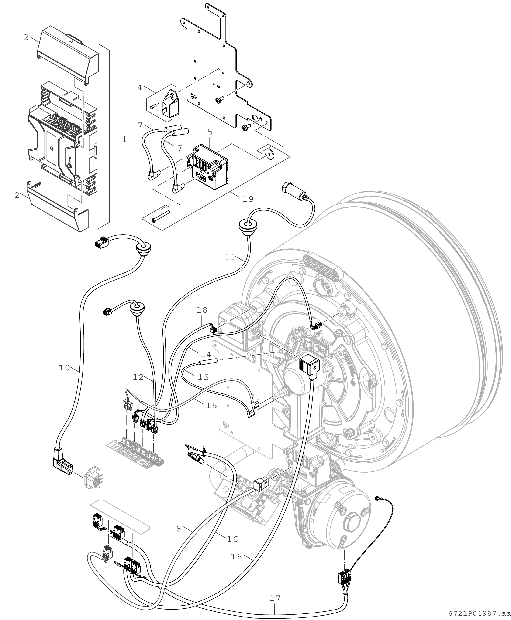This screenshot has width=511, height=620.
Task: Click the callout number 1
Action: pos(124,140)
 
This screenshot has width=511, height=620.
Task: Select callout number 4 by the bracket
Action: pos(140,87)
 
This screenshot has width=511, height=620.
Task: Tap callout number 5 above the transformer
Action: pos(210,132)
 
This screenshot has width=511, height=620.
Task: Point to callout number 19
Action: pos(248,199)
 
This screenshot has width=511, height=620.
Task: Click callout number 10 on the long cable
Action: pos(64,367)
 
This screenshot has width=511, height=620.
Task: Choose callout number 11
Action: pos(230,257)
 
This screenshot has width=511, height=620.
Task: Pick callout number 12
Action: pos(138,377)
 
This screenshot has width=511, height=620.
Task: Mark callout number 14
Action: pos(206,354)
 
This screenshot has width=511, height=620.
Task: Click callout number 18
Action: pos(202,310)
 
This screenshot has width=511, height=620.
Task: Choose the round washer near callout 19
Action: pos(269,153)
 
